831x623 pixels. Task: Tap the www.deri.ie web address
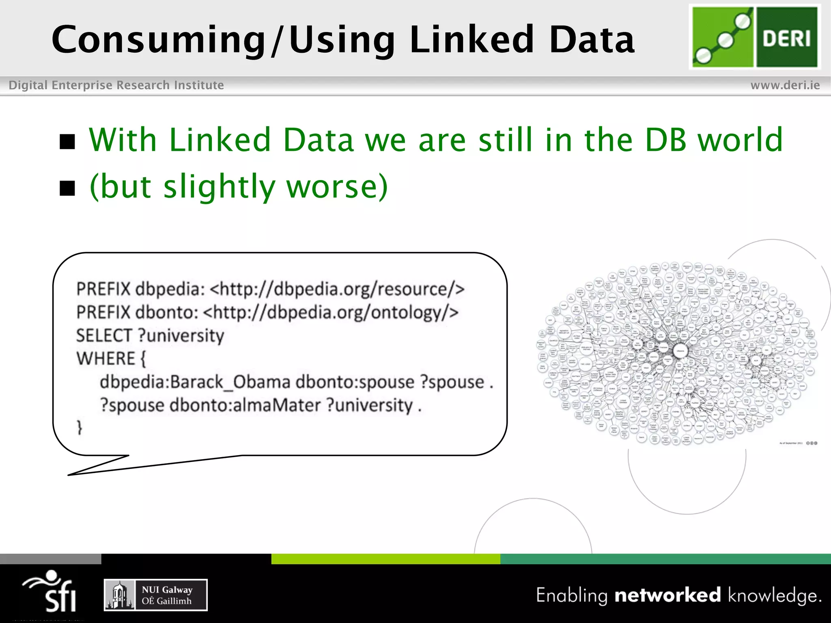tap(785, 85)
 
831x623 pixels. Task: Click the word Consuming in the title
tap(158, 40)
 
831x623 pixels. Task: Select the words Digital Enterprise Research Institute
tap(116, 85)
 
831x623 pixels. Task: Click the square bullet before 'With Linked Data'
tap(67, 142)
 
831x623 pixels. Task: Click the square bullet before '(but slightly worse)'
tap(67, 188)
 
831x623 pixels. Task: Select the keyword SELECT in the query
tap(104, 335)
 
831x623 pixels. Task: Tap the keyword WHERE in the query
tap(106, 359)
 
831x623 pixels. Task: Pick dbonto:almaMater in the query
tap(245, 405)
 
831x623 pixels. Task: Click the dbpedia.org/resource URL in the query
tap(337, 289)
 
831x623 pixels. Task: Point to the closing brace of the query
tap(80, 428)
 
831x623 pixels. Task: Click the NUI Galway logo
tap(156, 595)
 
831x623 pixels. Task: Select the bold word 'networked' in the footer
tap(667, 595)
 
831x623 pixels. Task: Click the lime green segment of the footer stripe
tap(385, 559)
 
